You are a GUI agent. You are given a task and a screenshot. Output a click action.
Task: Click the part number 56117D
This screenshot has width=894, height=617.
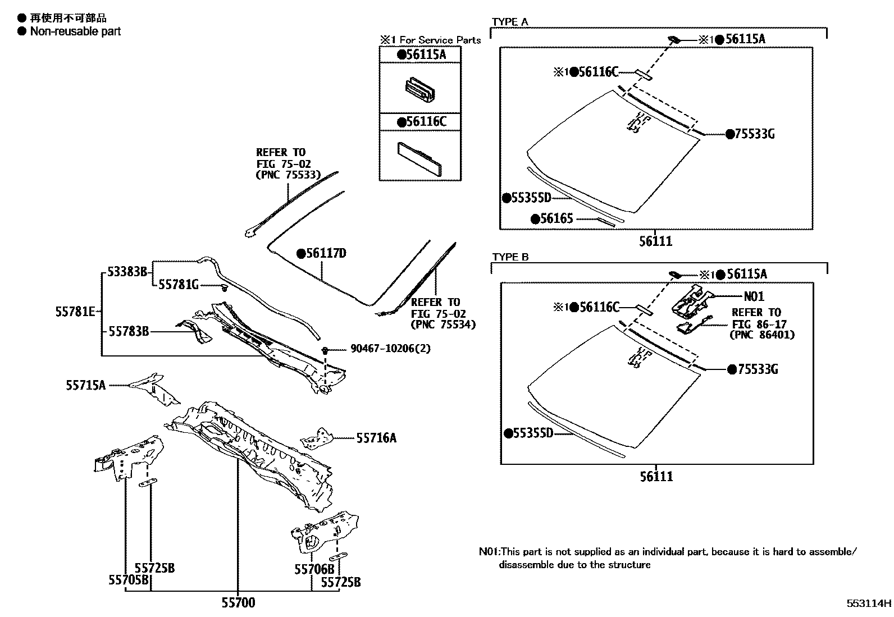coord(326,254)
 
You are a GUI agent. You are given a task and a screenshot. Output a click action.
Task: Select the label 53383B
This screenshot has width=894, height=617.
coord(127,272)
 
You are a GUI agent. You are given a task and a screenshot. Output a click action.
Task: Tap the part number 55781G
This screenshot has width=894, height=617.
coord(179,285)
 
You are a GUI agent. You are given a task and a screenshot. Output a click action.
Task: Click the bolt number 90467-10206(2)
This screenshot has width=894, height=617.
coord(391,349)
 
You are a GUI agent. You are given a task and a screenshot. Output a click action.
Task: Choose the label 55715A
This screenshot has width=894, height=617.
coord(85,385)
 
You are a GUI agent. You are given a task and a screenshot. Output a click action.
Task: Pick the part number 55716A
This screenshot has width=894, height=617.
coord(376,438)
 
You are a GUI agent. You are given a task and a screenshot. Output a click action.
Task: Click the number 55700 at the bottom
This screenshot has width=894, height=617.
coord(238,603)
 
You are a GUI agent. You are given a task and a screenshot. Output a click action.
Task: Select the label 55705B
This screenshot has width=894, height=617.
coord(129,581)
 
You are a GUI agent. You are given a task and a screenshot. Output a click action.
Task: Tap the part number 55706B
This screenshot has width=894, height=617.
coord(314,569)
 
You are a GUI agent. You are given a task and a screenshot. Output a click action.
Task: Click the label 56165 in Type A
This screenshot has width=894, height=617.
coord(557,218)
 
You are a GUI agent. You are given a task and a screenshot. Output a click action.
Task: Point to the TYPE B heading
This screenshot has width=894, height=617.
coord(510,257)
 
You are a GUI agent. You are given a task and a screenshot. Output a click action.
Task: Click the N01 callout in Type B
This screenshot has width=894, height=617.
coord(754,296)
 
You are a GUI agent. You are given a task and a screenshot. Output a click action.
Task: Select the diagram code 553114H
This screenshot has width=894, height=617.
coord(869,604)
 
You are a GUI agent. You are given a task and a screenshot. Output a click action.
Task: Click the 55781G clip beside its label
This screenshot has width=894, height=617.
coord(224,287)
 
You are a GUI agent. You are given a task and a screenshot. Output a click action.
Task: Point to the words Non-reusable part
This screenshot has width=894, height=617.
coord(75,31)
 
